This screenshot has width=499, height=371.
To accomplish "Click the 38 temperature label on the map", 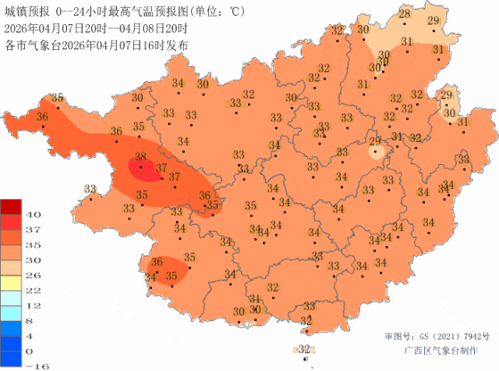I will click(141, 157).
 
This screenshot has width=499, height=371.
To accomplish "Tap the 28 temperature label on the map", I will click(405, 14).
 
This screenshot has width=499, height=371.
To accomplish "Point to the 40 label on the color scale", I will click(35, 214).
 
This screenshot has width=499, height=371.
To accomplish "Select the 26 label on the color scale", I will click(35, 275).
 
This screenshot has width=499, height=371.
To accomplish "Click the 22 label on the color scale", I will click(35, 290).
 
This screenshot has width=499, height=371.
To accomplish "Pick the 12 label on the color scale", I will click(35, 305).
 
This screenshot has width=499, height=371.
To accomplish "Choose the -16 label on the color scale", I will click(32, 366).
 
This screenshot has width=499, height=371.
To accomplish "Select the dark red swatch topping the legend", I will click(12, 206).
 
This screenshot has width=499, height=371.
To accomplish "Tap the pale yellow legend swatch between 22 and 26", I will click(12, 282).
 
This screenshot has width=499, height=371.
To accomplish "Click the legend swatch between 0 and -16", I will click(12, 358).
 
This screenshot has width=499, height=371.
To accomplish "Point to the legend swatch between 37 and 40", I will click(12, 222).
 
